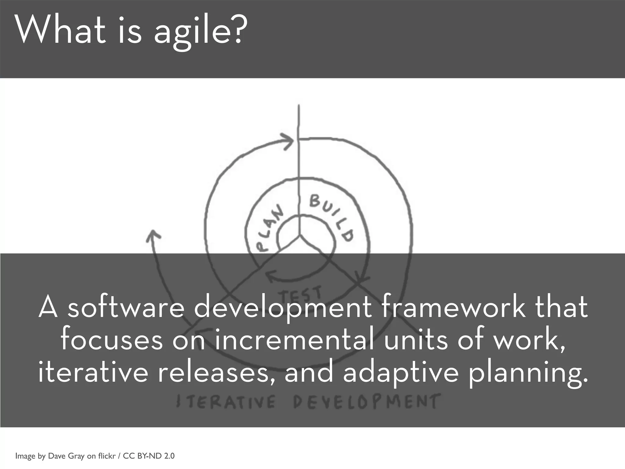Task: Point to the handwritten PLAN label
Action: [x=269, y=229]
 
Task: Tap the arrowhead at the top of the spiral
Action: [x=288, y=141]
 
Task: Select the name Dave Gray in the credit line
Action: [x=66, y=456]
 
